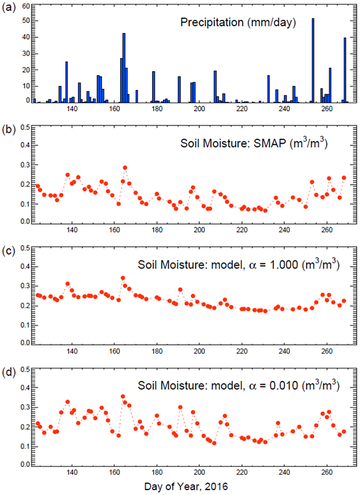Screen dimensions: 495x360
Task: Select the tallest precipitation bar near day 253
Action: tap(313, 60)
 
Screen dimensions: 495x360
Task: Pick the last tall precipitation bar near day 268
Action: tap(345, 70)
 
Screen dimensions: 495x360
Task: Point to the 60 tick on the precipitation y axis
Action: tap(26, 5)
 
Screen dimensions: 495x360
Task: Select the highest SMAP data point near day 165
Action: tap(125, 167)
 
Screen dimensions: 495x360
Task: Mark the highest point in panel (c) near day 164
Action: tap(123, 278)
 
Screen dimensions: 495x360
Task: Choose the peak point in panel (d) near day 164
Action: tap(123, 396)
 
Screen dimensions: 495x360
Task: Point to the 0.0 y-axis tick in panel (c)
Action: tap(24, 343)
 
